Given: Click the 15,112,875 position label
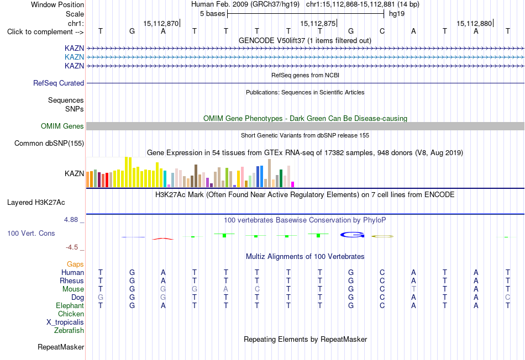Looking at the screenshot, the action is pyautogui.click(x=318, y=23).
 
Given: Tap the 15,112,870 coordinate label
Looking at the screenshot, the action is pyautogui.click(x=161, y=23).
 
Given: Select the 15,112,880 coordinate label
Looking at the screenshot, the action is pyautogui.click(x=474, y=23).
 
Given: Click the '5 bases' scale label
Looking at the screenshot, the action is pyautogui.click(x=213, y=14).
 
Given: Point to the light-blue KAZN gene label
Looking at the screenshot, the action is pyautogui.click(x=75, y=57).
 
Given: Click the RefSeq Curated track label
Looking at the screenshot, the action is pyautogui.click(x=59, y=83).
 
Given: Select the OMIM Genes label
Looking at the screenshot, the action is pyautogui.click(x=62, y=126).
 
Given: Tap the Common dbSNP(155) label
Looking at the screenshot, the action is pyautogui.click(x=49, y=143).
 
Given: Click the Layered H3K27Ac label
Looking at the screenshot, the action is pyautogui.click(x=36, y=203).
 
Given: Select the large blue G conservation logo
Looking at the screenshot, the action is pyautogui.click(x=352, y=235).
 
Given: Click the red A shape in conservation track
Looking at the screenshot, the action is pyautogui.click(x=163, y=239).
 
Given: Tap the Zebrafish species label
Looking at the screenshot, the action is pyautogui.click(x=69, y=331).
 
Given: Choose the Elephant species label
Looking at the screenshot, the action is pyautogui.click(x=70, y=306).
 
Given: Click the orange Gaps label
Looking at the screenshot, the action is pyautogui.click(x=75, y=264).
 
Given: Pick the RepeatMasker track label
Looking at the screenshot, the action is pyautogui.click(x=61, y=347).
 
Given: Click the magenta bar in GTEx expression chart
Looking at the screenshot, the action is pyautogui.click(x=293, y=184).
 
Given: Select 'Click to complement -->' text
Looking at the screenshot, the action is pyautogui.click(x=45, y=32).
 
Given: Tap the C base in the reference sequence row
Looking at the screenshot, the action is pyautogui.click(x=382, y=31).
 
